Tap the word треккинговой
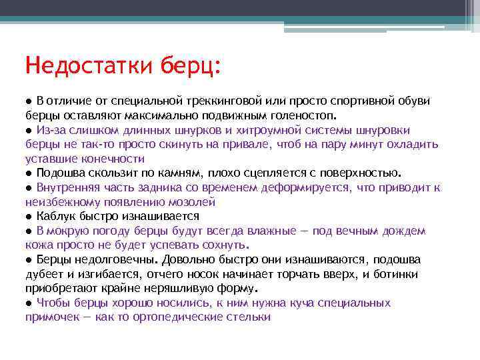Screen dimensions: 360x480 point(229,101)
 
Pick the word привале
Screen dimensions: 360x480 point(248,144)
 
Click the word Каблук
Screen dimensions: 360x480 point(55,216)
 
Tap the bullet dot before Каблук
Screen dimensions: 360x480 point(29,217)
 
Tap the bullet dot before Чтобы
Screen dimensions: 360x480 point(29,303)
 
